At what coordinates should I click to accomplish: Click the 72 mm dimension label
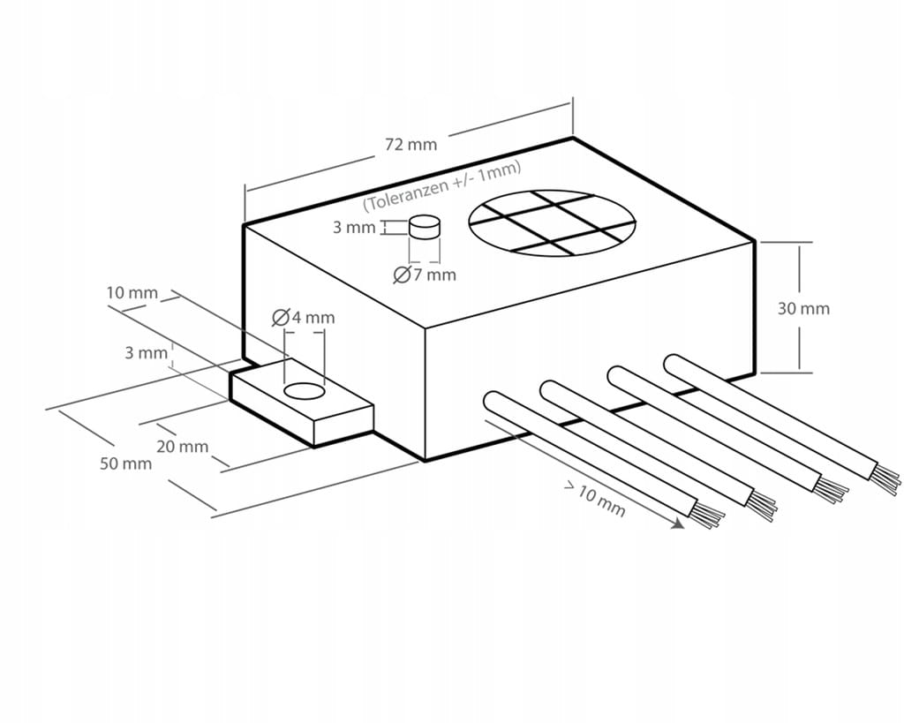point(411,145)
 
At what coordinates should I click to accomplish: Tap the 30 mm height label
point(803,309)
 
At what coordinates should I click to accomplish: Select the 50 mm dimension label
point(125,463)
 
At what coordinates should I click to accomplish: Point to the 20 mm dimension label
point(183,446)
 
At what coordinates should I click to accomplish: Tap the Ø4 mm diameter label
point(304,317)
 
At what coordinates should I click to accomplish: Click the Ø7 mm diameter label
point(425,275)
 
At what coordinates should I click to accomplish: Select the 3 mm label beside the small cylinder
point(354,228)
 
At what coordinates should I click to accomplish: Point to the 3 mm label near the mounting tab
point(146,353)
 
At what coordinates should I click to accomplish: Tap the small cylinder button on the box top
point(425,227)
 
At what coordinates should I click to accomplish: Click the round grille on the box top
point(552,223)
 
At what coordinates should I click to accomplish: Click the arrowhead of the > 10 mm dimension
point(678,524)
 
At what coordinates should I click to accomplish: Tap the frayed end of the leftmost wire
point(708,516)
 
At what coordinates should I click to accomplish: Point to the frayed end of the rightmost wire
point(887,478)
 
